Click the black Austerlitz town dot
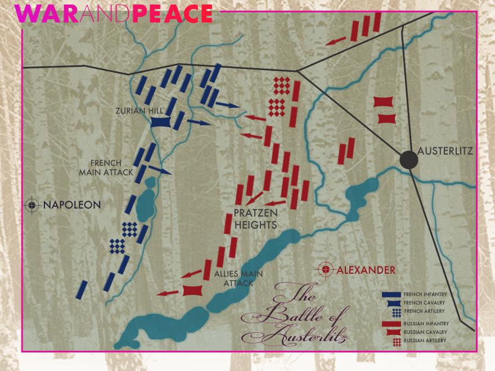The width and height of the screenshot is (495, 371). [x=409, y=159]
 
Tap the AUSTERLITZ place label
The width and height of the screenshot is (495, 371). [x=446, y=151]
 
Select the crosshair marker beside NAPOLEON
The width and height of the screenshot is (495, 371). [x=33, y=205]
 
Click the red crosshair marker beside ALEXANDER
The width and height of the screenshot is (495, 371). [x=325, y=269]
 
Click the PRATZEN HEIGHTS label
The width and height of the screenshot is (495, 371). [x=255, y=219]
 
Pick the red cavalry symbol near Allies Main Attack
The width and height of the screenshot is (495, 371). [x=192, y=290]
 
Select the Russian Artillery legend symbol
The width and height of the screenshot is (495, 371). [x=397, y=341]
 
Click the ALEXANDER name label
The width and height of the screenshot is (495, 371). [x=366, y=270]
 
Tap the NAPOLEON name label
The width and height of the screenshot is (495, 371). [x=72, y=205]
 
